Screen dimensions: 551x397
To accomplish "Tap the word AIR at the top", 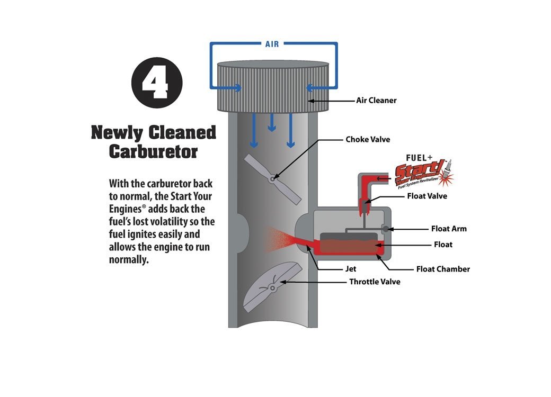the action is (272, 44).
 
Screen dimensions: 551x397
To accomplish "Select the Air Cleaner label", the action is (376, 100).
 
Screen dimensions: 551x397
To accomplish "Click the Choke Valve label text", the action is (368, 140).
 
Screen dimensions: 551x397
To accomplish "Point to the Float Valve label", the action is (427, 196).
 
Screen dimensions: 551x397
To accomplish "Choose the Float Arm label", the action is (449, 229).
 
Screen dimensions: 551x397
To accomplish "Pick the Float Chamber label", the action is (443, 269).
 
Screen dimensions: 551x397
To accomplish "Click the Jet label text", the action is (351, 269).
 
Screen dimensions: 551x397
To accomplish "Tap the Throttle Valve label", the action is (375, 282).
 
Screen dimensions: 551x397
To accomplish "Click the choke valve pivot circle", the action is (273, 179).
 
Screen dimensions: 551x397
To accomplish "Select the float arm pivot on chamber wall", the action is (385, 229).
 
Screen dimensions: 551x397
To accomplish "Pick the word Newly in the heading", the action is (118, 132).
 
